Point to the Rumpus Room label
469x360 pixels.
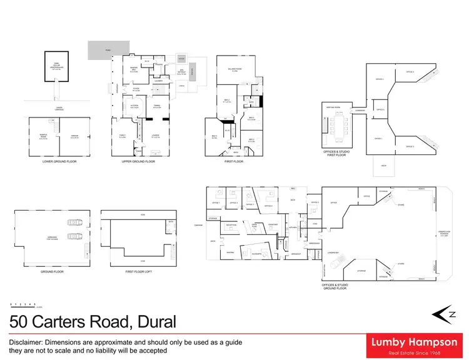43,137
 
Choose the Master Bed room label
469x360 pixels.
134,69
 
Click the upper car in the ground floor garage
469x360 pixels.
74,221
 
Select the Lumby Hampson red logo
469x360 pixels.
413,344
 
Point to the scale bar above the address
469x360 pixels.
25,306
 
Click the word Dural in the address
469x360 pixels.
153,322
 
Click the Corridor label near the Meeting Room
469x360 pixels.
361,110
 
